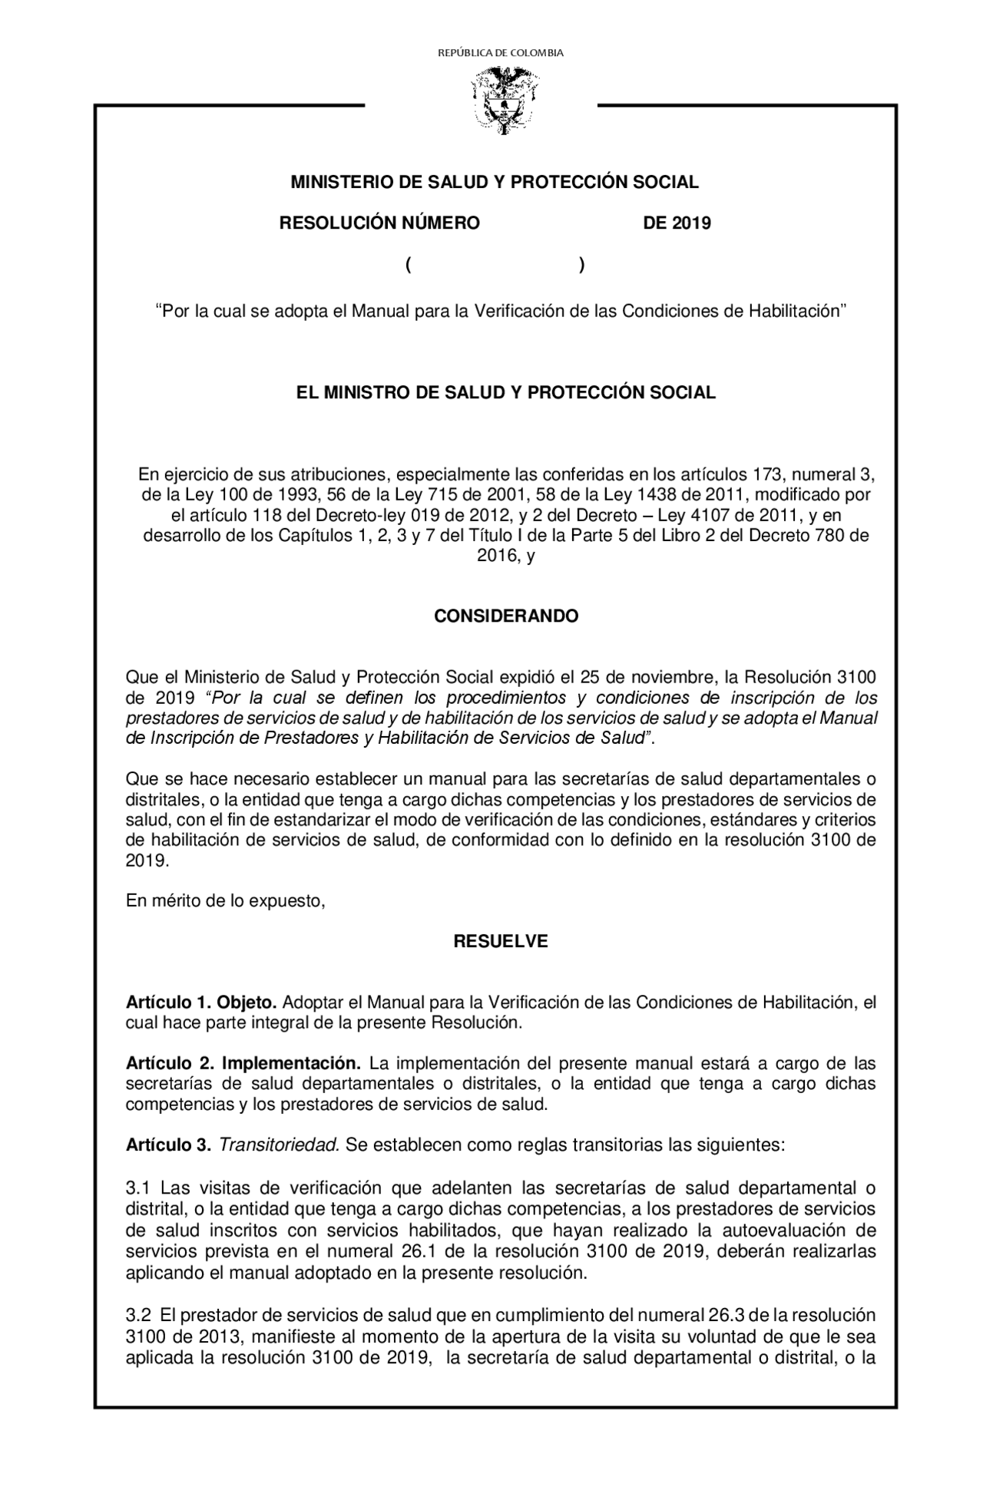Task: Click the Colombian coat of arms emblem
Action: click(503, 100)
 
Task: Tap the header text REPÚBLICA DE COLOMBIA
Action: click(500, 53)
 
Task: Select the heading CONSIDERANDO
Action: click(506, 616)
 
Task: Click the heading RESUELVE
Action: click(501, 941)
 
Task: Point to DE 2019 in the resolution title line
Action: click(677, 223)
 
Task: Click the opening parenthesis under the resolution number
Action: click(409, 266)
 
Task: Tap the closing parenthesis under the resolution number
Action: click(581, 266)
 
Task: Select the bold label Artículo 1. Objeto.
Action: click(201, 1003)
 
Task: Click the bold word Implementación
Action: click(291, 1064)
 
